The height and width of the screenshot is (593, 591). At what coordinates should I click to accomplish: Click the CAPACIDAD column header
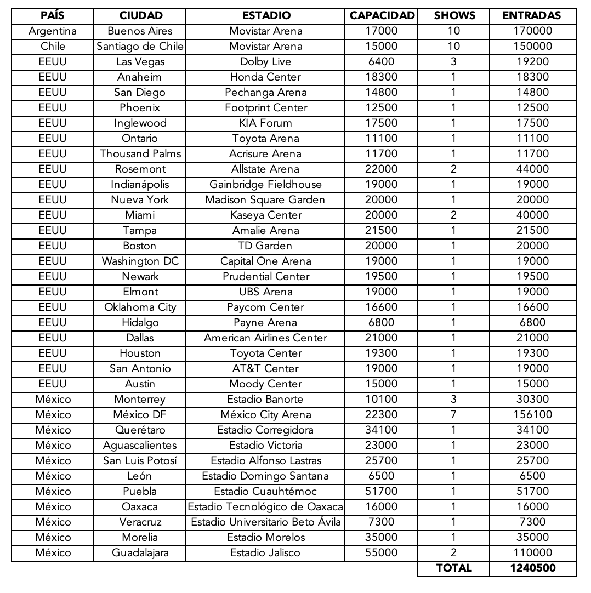click(x=382, y=16)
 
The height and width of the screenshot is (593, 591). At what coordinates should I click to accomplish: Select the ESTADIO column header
click(x=266, y=16)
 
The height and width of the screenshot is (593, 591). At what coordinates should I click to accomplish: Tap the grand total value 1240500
click(x=532, y=568)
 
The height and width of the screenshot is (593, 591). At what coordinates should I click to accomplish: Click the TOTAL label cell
click(x=453, y=568)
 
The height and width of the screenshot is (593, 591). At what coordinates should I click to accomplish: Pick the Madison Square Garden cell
click(x=265, y=200)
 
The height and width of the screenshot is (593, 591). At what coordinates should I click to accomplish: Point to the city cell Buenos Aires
click(x=140, y=31)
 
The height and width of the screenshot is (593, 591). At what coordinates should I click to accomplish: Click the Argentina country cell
click(x=53, y=31)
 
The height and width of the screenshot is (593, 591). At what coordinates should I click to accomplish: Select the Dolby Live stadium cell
click(x=265, y=62)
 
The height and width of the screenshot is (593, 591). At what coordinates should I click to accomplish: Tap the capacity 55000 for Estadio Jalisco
click(x=382, y=553)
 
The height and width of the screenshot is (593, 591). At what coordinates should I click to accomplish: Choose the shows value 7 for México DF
click(x=453, y=415)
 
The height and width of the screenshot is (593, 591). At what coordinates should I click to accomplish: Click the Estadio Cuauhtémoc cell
click(x=265, y=492)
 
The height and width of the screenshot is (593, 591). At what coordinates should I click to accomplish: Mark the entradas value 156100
click(x=532, y=415)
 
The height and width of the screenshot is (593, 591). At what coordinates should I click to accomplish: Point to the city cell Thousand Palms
click(x=140, y=154)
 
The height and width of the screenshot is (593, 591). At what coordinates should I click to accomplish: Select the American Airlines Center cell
click(x=265, y=338)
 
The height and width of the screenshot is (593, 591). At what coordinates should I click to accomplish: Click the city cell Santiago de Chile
click(x=140, y=47)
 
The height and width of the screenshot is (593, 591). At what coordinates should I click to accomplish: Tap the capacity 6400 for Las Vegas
click(x=382, y=62)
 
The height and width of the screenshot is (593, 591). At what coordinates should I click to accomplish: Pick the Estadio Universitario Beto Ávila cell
click(x=265, y=522)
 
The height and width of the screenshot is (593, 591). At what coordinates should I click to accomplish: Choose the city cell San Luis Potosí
click(x=140, y=461)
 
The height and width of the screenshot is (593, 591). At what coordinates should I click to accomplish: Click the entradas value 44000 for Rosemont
click(x=532, y=169)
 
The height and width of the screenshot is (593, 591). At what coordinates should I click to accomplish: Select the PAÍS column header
click(x=53, y=16)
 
